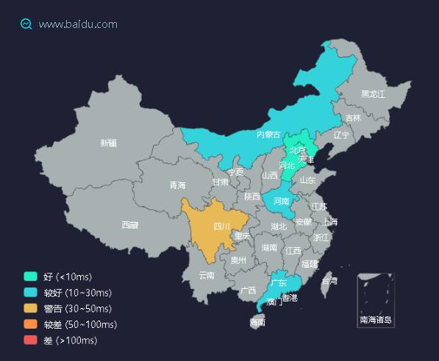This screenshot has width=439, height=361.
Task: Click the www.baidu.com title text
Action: pyautogui.click(x=78, y=24)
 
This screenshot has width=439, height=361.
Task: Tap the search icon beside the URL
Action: pyautogui.click(x=26, y=24)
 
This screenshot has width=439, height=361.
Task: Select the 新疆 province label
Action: pyautogui.click(x=109, y=143)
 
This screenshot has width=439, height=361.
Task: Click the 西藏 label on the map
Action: pyautogui.click(x=130, y=225)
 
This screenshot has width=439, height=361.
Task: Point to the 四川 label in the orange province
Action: pyautogui.click(x=221, y=226)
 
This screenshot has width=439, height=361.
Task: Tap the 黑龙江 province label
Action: pyautogui.click(x=373, y=94)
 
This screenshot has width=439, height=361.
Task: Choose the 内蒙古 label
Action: pyautogui.click(x=268, y=135)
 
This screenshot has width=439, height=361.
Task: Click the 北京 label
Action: pyautogui.click(x=298, y=150)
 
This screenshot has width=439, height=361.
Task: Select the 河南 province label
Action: pyautogui.click(x=282, y=201)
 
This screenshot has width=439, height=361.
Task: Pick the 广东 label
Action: pyautogui.click(x=279, y=283)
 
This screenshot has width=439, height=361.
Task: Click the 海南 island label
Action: pyautogui.click(x=257, y=322)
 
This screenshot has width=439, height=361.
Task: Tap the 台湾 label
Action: pyautogui.click(x=329, y=281)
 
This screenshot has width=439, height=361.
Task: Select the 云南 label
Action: pyautogui.click(x=207, y=276)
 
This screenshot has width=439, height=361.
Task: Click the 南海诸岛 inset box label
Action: pyautogui.click(x=376, y=320)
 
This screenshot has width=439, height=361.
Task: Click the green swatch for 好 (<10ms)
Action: pyautogui.click(x=30, y=276)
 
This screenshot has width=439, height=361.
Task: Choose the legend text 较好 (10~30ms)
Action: pyautogui.click(x=77, y=293)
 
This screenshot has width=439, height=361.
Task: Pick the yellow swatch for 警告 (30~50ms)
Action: pyautogui.click(x=30, y=308)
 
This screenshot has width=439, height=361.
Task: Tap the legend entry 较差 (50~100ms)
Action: pyautogui.click(x=80, y=324)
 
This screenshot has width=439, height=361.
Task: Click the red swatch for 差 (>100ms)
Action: pyautogui.click(x=30, y=340)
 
